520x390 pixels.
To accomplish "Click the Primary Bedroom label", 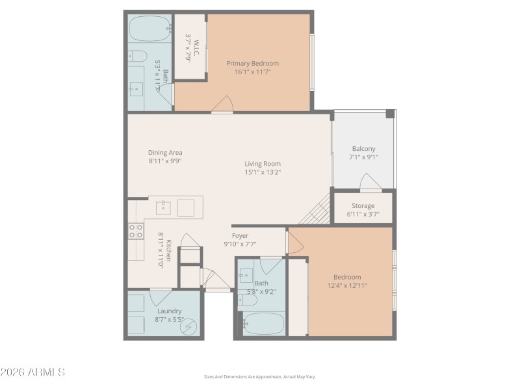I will (x=252, y=63).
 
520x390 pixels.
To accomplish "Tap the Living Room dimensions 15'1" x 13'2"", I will (x=262, y=172).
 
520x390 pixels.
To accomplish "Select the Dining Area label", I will (x=165, y=152).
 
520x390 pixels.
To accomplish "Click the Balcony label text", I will (x=363, y=148).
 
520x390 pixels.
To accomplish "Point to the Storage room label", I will (x=363, y=205).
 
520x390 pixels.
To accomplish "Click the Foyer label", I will (x=240, y=235).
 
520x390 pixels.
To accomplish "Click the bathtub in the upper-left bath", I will (x=149, y=29).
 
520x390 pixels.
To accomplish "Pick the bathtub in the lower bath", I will (x=261, y=322).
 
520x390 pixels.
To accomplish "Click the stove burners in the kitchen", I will (x=136, y=230).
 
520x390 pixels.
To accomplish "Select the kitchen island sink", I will (x=164, y=207).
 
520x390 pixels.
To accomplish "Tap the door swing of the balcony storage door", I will (x=370, y=182).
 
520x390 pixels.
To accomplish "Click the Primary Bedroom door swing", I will (x=224, y=104).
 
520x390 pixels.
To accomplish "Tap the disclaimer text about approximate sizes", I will (x=259, y=376).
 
